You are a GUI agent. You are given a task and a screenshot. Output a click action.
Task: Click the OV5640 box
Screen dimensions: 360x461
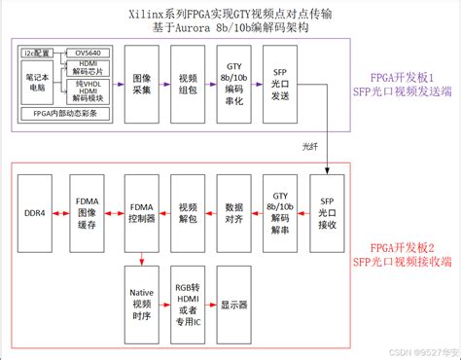[88, 54]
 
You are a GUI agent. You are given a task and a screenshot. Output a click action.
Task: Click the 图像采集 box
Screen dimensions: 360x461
[142, 84]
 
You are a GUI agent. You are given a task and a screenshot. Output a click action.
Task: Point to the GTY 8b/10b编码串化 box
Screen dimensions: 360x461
[234, 84]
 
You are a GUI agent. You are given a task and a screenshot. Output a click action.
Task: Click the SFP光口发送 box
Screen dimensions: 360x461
[280, 84]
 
